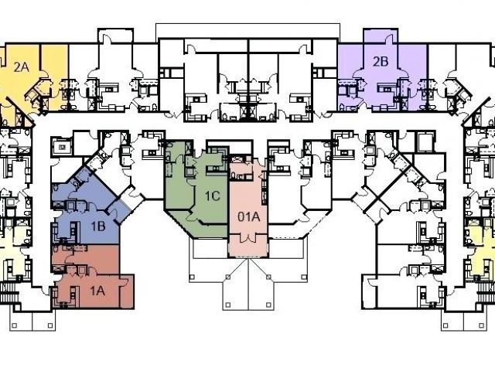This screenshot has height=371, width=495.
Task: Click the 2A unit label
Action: (21, 67)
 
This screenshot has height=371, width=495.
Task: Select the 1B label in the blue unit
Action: (98, 226)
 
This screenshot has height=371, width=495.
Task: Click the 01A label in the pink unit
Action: (247, 216)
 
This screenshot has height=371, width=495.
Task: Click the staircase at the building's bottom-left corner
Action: (10, 293)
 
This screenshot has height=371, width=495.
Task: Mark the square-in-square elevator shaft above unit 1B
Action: (61, 144)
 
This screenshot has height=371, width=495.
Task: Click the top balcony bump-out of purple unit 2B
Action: (380, 38)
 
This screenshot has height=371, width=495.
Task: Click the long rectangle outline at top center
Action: (247, 30)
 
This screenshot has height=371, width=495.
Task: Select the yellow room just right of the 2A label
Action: (53, 73)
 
